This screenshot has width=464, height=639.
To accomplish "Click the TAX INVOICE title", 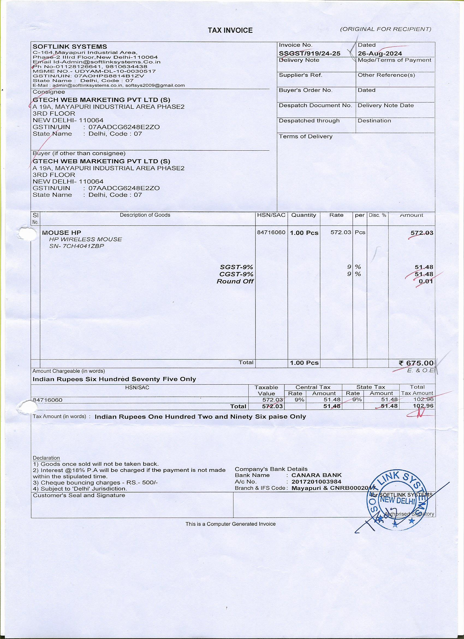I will [230, 30].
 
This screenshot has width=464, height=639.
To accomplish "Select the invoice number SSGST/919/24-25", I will [310, 54].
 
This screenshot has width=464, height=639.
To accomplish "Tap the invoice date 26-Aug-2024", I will [380, 54].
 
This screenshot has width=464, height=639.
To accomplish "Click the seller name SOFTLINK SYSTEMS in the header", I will [70, 46].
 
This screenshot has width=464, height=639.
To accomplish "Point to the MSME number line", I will [94, 71].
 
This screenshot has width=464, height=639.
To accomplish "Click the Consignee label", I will [49, 92].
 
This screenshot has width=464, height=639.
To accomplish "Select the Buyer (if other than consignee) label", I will [79, 153].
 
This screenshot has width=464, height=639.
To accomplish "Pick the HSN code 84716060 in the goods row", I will [271, 232].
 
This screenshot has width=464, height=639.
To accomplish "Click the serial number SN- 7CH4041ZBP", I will [76, 246].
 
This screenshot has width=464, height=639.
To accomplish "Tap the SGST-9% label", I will [236, 267].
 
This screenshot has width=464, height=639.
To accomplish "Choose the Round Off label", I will [235, 281].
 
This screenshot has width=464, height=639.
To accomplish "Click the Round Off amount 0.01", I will [426, 281].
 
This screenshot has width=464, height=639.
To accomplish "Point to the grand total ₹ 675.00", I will [416, 363].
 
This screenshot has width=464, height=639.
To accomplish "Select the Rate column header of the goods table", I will [336, 215].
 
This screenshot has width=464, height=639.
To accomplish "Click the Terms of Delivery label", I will [306, 136].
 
